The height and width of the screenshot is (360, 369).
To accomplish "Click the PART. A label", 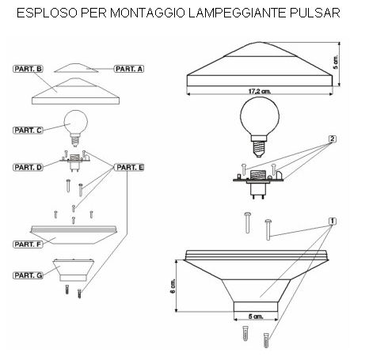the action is pyautogui.click(x=129, y=69).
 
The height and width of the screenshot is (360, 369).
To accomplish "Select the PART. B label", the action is pyautogui.click(x=28, y=69).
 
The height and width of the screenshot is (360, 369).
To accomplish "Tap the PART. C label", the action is pyautogui.click(x=28, y=131).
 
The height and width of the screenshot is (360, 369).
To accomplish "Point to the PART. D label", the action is pyautogui.click(x=28, y=168).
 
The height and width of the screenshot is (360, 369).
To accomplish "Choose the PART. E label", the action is pyautogui.click(x=130, y=168).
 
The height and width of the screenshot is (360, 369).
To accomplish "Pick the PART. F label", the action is pyautogui.click(x=28, y=244).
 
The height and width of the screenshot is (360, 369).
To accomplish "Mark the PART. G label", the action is pyautogui.click(x=28, y=275).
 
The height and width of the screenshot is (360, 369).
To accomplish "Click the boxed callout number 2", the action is pyautogui.click(x=333, y=139).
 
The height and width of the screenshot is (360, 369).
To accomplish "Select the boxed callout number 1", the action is pyautogui.click(x=333, y=221).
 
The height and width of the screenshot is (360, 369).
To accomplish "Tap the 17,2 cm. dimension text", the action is pyautogui.click(x=260, y=91).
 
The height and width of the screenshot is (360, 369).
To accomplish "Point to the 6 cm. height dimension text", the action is pyautogui.click(x=173, y=286).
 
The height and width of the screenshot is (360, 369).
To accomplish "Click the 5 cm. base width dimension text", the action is pyautogui.click(x=256, y=316).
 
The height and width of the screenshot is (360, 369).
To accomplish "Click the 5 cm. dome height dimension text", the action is pyautogui.click(x=336, y=63).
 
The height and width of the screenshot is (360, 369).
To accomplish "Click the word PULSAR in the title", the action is pyautogui.click(x=315, y=13).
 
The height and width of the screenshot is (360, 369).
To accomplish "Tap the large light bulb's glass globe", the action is pyautogui.click(x=260, y=116).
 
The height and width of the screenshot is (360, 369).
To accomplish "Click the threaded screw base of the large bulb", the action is pyautogui.click(x=259, y=149).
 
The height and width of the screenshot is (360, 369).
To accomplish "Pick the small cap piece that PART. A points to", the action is pyautogui.click(x=76, y=68).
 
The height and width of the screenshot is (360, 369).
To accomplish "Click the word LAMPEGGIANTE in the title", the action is pyautogui.click(x=238, y=13).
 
